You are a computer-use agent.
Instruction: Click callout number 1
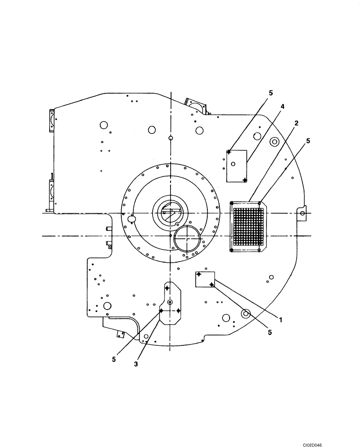tap(281, 320)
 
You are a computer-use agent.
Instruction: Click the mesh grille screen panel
tap(246, 226)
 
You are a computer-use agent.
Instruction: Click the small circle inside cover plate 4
tap(233, 164)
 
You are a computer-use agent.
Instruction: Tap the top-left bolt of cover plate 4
tap(229, 152)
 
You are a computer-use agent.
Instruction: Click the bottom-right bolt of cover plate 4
tap(244, 180)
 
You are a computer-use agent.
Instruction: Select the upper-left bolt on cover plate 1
tap(199, 274)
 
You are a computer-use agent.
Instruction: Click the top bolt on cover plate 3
tap(167, 289)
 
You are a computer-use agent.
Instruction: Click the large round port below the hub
tap(187, 238)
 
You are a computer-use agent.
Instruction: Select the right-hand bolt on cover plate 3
tap(178, 310)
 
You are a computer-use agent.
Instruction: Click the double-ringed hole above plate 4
tap(274, 142)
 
